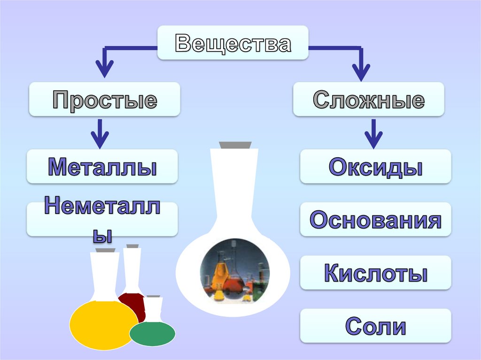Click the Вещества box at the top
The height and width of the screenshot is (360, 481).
coord(233,43)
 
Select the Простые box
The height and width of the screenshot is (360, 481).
coord(104,100)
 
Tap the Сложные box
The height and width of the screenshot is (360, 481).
coord(368,100)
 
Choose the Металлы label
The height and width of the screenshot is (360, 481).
coord(102,167)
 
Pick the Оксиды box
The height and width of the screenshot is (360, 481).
coord(375,167)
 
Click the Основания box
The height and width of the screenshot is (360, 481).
coord(375,220)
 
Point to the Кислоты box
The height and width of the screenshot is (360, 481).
coord(375,273)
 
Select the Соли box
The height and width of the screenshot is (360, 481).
coord(375,326)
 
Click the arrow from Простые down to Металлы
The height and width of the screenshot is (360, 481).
coord(100,133)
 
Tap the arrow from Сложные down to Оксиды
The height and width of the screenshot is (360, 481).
coord(373,133)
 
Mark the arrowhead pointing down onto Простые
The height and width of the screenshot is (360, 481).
coord(105,70)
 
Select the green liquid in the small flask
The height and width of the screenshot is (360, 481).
coord(152,333)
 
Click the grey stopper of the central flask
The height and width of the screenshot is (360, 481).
coord(235,145)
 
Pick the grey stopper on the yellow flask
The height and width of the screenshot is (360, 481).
coord(108,251)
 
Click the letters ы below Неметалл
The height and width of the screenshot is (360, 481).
coord(102,236)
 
